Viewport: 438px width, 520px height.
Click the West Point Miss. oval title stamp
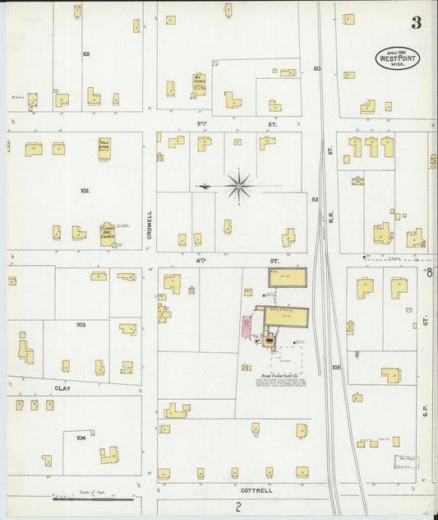394,58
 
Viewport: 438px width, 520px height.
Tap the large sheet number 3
417,22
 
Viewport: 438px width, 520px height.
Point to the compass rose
238,185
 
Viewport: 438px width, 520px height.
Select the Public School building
104,147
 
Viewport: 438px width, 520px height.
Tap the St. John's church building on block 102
107,236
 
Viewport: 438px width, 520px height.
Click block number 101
85,54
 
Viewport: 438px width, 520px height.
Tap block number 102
84,190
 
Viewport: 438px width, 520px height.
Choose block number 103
81,325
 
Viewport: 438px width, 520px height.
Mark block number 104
81,438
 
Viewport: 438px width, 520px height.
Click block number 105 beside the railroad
335,367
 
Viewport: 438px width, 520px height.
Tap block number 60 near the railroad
316,69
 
